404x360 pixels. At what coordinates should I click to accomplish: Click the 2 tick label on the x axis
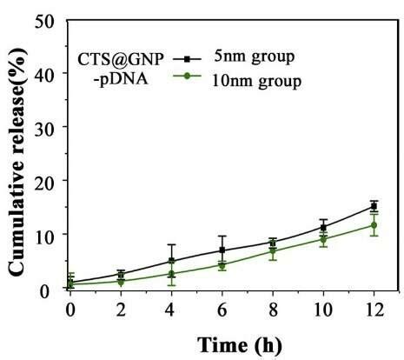(121, 308)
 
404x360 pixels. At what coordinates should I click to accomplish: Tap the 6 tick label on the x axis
(222, 308)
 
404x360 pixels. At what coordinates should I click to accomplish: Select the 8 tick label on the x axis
(273, 308)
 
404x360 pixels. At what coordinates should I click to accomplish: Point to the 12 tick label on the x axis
(374, 308)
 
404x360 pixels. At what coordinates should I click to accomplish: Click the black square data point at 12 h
(374, 207)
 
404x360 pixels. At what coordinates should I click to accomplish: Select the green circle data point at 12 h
(374, 225)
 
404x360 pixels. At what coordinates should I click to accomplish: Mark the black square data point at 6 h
(222, 250)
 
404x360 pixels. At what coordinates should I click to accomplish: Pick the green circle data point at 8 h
(273, 251)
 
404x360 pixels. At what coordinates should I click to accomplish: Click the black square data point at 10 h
(323, 227)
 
